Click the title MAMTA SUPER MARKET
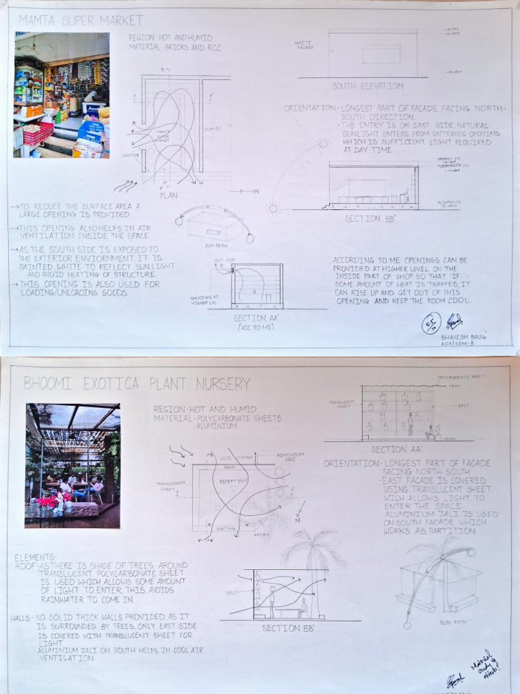point(81,20)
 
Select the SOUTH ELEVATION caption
point(368,86)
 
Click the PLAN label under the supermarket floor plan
point(169,195)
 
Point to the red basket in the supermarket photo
point(37,132)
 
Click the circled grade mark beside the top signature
point(431,323)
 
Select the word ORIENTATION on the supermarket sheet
point(310,108)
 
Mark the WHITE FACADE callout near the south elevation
point(304,45)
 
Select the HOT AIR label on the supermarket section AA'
point(223,260)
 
